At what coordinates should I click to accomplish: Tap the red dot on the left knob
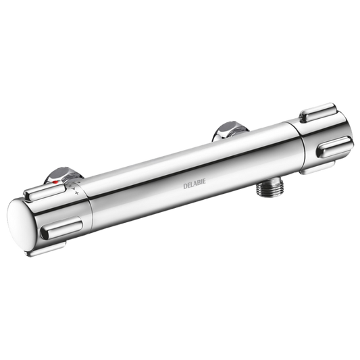pos(55,182)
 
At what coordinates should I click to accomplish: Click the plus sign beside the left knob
pos(77,193)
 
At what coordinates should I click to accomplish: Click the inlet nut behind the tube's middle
pos(231,130)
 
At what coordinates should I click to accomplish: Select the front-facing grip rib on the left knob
pos(61,228)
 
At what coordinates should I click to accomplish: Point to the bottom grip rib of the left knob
pos(45,249)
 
